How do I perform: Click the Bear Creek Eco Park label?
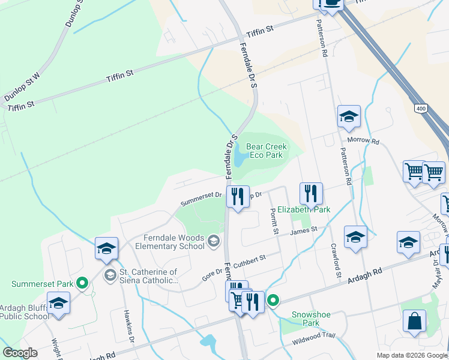[x=267, y=151]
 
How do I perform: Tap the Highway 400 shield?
[x=420, y=108]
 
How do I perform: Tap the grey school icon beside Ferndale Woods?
[x=213, y=242]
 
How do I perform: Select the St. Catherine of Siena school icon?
[x=110, y=276]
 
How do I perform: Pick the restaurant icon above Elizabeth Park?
[x=311, y=193]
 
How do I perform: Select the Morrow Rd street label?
[x=367, y=142]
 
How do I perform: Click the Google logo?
[x=20, y=353]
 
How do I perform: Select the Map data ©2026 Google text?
[x=411, y=355]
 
